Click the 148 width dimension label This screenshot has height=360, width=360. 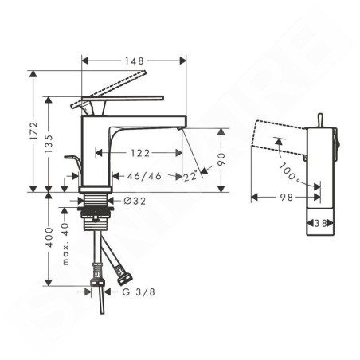[134, 61]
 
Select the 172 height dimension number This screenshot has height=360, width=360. [34, 131]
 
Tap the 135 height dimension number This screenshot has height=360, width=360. [49, 144]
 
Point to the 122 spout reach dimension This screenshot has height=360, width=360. [140, 153]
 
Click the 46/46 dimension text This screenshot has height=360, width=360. [144, 176]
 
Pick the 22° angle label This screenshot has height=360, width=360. [191, 176]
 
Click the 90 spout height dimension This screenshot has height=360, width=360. [221, 159]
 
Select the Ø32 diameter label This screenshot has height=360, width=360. [135, 201]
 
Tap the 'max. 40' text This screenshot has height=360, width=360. [65, 244]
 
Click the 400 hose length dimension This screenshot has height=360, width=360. [49, 237]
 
